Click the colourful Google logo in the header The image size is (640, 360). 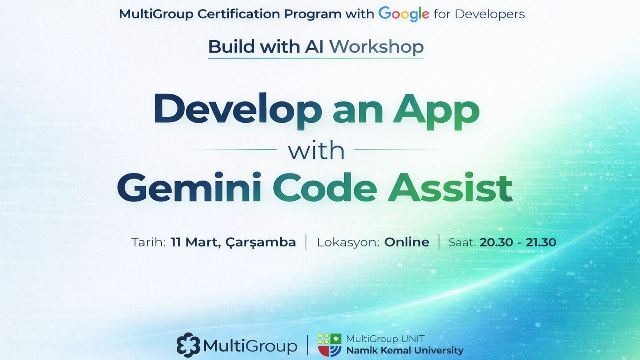tap(404, 14)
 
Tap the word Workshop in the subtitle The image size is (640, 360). tap(376, 46)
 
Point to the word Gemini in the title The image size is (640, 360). tap(189, 187)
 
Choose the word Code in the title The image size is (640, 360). tap(325, 187)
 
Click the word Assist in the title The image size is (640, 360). tap(450, 187)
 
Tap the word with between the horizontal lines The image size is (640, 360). tap(316, 151)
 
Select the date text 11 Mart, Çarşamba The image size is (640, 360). tap(233, 242)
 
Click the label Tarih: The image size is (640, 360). tap(148, 242)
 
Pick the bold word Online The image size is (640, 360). tap(407, 242)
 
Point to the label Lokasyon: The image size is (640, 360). tap(348, 242)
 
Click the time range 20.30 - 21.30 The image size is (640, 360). tap(518, 242)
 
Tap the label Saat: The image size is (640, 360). tap(462, 242)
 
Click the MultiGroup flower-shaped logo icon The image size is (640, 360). tap(188, 345)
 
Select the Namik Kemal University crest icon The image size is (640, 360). tap(329, 345)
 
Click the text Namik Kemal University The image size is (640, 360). tap(405, 350)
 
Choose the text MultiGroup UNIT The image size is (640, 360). tap(385, 339)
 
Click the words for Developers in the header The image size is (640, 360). tap(479, 14)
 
